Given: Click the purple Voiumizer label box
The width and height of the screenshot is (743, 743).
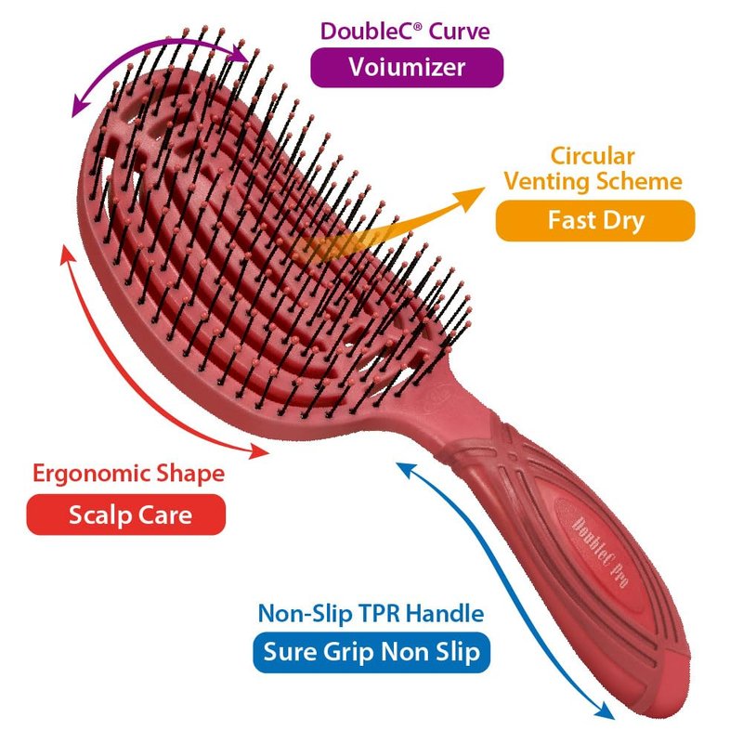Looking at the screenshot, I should pyautogui.click(x=406, y=67).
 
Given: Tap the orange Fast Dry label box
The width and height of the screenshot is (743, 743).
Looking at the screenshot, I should pyautogui.click(x=594, y=221).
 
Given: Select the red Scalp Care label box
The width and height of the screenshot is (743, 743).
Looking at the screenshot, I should pyautogui.click(x=127, y=515).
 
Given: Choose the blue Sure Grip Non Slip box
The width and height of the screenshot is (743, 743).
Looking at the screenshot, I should pyautogui.click(x=371, y=652).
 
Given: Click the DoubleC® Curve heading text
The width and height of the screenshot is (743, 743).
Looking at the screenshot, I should pyautogui.click(x=405, y=31).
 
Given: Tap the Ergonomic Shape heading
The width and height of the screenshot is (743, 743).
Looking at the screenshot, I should pyautogui.click(x=128, y=474).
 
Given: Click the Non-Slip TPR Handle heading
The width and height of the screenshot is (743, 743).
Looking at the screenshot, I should pyautogui.click(x=371, y=614).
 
